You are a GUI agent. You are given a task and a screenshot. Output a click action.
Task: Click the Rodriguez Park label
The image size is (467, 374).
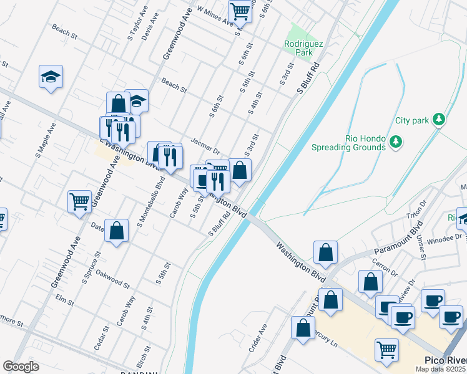point(298,48)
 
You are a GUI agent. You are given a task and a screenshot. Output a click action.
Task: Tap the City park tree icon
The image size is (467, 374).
point(439,118)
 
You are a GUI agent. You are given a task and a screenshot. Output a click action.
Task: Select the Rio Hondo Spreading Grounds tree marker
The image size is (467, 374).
point(395,142)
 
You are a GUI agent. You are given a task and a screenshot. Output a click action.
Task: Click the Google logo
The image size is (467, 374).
point(21,366)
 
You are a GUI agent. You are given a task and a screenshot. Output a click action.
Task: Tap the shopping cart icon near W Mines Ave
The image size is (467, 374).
point(240,11)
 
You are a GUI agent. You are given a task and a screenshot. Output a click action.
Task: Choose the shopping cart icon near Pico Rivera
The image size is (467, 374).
point(387,349)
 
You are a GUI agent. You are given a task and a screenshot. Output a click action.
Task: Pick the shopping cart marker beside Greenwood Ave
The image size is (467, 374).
point(79,201)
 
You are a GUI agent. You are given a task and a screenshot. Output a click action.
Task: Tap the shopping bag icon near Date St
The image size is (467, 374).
point(116,230)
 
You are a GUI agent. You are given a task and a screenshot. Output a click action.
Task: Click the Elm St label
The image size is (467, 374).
point(65,302)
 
